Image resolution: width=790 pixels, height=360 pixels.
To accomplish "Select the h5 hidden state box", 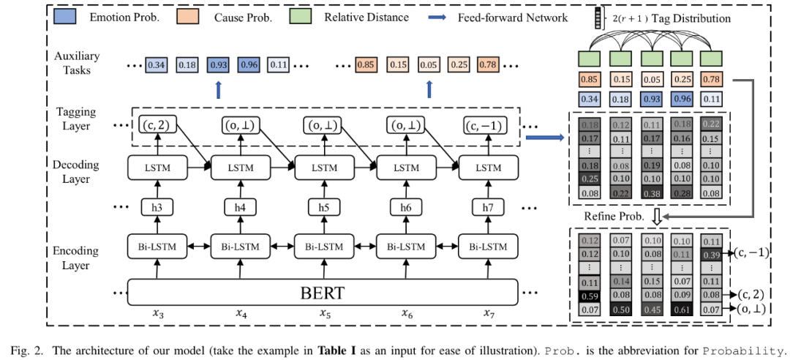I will (323, 208).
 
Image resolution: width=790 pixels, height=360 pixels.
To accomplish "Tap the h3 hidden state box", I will (157, 208).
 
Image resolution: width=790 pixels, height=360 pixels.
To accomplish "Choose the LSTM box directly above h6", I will (405, 167).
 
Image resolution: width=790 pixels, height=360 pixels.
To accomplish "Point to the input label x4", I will (241, 313).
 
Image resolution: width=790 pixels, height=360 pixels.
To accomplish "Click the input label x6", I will (406, 313).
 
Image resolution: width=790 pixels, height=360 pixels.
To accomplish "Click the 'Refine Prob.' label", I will (614, 217).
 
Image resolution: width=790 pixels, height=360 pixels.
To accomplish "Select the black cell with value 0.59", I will (590, 296).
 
